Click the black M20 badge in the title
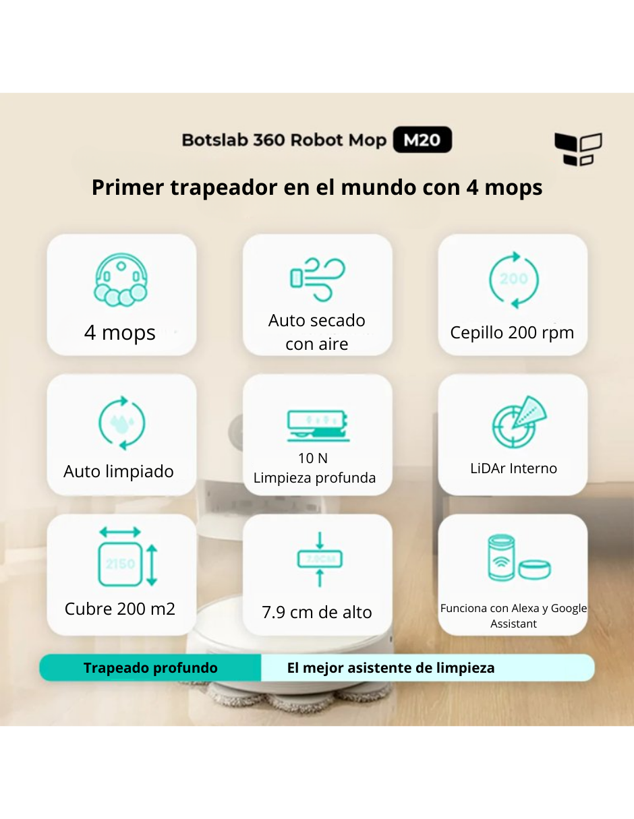click(x=422, y=140)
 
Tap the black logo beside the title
click(x=577, y=149)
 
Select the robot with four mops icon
click(x=121, y=280)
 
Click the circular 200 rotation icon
click(x=513, y=279)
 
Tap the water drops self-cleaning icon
click(x=121, y=423)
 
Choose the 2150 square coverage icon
click(x=128, y=557)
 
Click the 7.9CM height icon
click(x=320, y=559)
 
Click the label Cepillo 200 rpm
click(x=512, y=332)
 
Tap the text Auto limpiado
click(x=119, y=471)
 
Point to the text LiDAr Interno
click(x=513, y=468)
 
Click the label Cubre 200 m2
click(x=120, y=609)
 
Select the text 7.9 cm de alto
click(x=317, y=612)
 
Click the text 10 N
click(x=313, y=458)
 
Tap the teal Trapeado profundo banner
click(x=150, y=668)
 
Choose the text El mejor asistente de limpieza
click(x=391, y=668)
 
